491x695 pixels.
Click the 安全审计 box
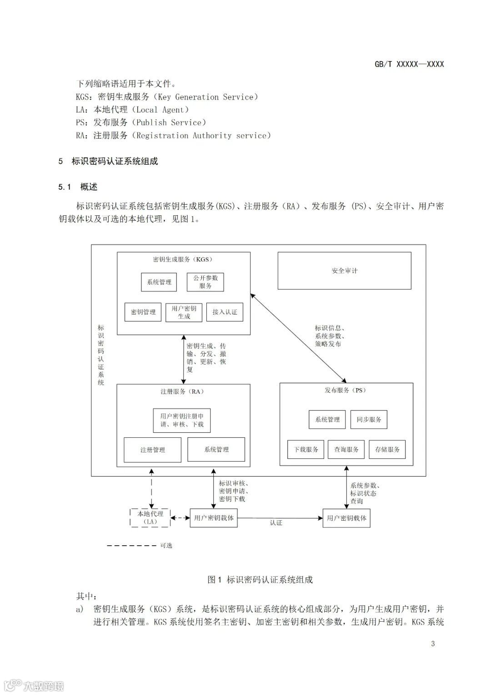[x=344, y=271]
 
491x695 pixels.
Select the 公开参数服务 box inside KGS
[x=205, y=282]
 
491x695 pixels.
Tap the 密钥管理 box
[x=143, y=312]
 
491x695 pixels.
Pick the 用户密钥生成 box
[x=184, y=312]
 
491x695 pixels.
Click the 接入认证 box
[x=225, y=312]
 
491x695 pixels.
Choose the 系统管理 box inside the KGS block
[x=159, y=282]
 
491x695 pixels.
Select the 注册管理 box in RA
[x=152, y=450]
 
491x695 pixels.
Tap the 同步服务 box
[x=369, y=420]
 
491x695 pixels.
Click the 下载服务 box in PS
[x=306, y=449]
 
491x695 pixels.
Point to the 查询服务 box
[x=346, y=449]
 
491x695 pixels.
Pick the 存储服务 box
[x=387, y=449]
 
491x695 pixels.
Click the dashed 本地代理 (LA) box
[x=150, y=518]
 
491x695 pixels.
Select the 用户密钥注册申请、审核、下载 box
[x=182, y=420]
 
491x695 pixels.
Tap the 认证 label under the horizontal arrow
[x=276, y=523]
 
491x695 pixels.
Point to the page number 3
[x=433, y=644]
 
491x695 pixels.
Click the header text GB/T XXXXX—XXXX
[x=409, y=64]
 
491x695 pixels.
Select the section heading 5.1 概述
[x=78, y=187]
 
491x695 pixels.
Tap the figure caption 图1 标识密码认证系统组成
[x=260, y=579]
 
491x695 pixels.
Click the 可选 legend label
[x=166, y=545]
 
